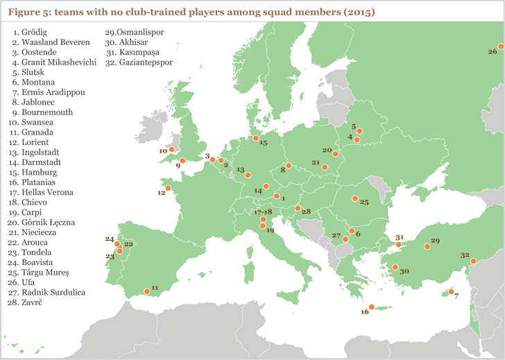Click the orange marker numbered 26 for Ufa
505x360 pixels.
[499, 46]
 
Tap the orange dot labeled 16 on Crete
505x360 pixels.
[371, 307]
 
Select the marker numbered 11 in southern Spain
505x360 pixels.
[146, 291]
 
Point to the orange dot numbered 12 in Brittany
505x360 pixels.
[168, 187]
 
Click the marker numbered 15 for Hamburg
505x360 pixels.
[255, 137]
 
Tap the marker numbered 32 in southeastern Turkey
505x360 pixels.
[473, 261]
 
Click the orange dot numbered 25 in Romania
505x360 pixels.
[355, 199]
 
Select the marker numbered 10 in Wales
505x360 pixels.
[171, 148]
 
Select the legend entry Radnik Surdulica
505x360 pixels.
[49, 292]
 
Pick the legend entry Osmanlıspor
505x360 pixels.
[132, 32]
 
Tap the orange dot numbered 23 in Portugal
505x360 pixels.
[120, 250]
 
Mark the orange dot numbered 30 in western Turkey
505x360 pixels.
[395, 267]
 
